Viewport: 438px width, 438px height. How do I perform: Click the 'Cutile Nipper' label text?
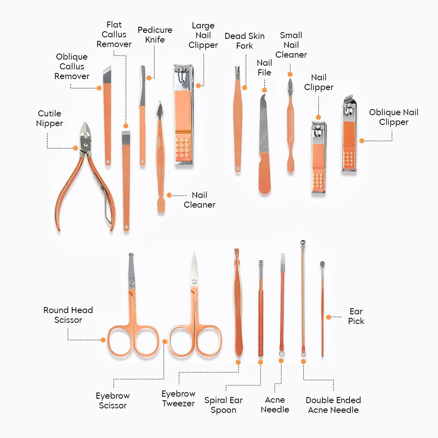[x=49, y=118]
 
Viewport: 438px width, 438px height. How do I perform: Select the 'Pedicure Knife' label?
[x=155, y=35]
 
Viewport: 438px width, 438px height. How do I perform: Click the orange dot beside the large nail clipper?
[x=198, y=86]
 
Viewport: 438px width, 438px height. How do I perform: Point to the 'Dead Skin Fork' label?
[x=245, y=41]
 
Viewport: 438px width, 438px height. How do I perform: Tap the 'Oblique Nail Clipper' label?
[x=393, y=117]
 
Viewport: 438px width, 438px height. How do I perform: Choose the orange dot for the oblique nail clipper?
[x=362, y=141]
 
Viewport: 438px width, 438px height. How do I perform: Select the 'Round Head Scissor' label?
[x=68, y=315]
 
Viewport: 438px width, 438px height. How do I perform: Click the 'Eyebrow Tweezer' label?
[x=178, y=398]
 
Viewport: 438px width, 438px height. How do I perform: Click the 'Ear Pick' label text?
[x=356, y=316]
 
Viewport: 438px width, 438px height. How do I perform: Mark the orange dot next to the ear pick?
[x=328, y=317]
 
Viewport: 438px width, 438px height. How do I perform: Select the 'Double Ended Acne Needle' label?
[x=333, y=405]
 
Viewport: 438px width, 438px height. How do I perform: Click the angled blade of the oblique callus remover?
[x=107, y=75]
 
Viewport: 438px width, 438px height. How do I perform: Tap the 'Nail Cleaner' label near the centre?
[x=199, y=200]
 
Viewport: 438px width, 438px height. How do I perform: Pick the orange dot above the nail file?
[x=264, y=90]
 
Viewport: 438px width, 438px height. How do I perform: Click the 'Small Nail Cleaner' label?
[x=291, y=45]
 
